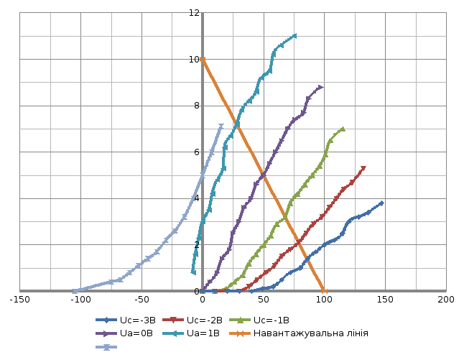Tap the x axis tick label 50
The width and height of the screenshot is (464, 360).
click(264, 299)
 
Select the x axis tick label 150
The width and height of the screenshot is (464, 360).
click(384, 299)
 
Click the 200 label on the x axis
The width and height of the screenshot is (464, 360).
click(445, 299)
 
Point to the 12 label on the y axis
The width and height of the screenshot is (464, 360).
click(193, 13)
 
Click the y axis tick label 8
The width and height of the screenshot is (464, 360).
click(196, 106)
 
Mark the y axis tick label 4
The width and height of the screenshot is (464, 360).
click(196, 198)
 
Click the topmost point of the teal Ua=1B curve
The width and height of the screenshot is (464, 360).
click(294, 36)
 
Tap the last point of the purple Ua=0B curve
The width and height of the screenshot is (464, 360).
click(320, 87)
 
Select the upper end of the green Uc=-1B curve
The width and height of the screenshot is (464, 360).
click(343, 129)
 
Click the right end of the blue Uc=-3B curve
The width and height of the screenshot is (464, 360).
click(381, 203)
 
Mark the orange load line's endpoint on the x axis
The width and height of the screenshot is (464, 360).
click(323, 290)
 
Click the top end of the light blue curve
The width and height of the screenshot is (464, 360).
click(221, 126)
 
